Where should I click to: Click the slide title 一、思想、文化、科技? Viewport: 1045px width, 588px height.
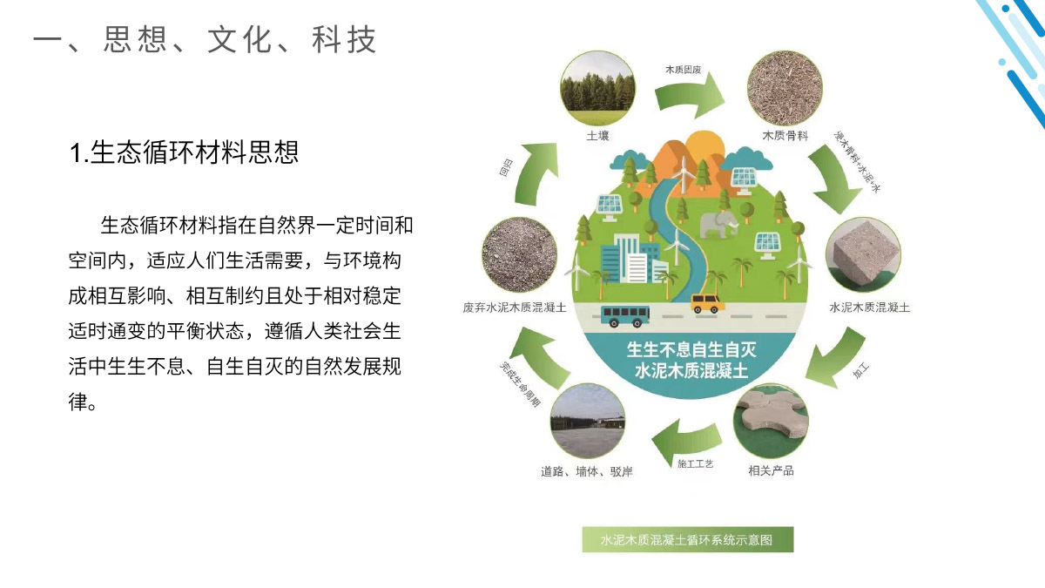(206, 40)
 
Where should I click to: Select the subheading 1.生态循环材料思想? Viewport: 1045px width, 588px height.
(185, 152)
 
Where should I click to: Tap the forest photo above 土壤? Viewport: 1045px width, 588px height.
(597, 88)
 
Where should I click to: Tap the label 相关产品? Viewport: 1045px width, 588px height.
(772, 470)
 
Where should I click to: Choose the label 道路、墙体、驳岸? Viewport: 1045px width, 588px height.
(586, 472)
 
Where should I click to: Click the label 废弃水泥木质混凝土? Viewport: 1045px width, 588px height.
(515, 308)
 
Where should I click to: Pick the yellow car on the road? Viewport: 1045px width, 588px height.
(706, 302)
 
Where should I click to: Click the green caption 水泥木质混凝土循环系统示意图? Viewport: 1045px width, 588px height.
(687, 540)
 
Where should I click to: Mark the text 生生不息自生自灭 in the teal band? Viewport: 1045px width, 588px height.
(692, 351)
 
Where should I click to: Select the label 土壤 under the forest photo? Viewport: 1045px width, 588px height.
(597, 137)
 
